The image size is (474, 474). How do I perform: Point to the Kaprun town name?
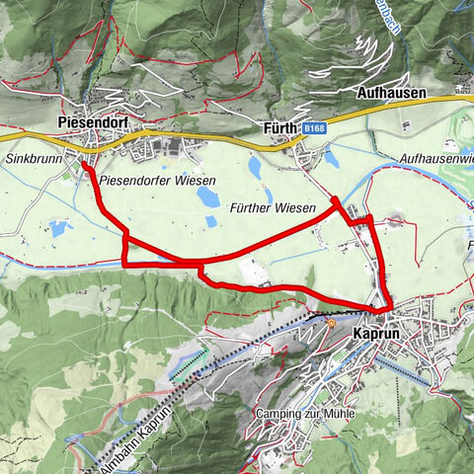377,334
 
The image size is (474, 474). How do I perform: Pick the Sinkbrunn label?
28,157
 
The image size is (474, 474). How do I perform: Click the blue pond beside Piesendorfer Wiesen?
208,197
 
